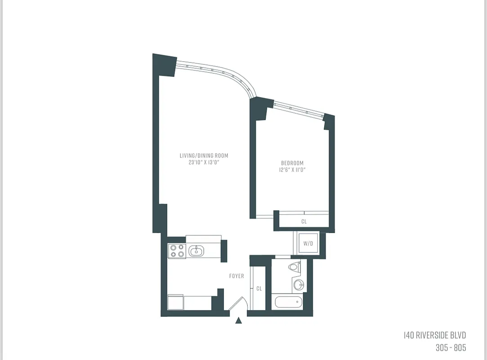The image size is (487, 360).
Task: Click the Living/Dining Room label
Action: (204, 156)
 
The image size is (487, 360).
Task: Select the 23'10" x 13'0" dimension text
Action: (204, 162)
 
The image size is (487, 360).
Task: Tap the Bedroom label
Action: (292, 163)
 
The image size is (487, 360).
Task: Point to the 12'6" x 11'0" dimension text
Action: (292, 170)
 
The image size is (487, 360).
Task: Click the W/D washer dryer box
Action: (308, 244)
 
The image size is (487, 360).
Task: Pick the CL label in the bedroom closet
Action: (304, 221)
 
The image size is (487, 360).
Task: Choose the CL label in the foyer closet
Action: (259, 288)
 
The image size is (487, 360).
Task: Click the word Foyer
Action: (237, 276)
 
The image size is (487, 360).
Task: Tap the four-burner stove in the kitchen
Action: (177, 251)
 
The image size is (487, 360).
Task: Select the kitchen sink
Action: (196, 251)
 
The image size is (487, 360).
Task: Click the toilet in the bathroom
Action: (294, 267)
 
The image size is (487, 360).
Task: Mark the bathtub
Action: (287, 301)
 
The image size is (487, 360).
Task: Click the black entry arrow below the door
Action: (239, 320)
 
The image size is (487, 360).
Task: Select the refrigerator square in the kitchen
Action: (175, 302)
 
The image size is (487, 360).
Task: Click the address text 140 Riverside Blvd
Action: (434, 335)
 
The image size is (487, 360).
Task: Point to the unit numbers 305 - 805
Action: (451, 347)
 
